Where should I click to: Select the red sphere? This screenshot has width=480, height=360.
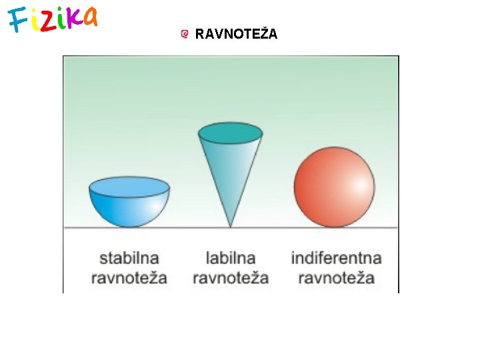coord(334,187)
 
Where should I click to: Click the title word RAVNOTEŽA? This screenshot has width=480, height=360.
coord(236,33)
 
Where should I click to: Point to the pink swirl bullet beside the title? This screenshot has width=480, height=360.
coord(185,33)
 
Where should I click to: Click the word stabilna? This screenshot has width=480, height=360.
coord(130,257)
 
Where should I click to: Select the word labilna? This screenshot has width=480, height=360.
coord(231,257)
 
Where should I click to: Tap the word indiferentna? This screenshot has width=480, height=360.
coord(337,257)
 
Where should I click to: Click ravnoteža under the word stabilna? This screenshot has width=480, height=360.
coord(129,277)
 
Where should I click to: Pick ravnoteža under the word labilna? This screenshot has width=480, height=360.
coord(231,277)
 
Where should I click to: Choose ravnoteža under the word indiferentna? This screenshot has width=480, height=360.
coord(336,277)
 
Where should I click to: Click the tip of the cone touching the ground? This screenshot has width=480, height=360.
coord(231,225)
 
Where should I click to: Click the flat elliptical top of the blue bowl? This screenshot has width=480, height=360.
coord(129,187)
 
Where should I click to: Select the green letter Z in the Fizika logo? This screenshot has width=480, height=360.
coord(49,22)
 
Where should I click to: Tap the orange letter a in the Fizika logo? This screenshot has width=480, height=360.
coord(89,17)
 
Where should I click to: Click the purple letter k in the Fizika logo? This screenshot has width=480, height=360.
coord(73,19)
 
